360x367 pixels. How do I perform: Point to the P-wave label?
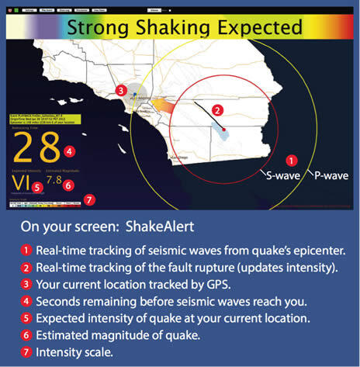point(330,175)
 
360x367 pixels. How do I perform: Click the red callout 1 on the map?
point(291,161)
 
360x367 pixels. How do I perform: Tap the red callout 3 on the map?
point(121,90)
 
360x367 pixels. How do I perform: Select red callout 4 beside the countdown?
point(70,151)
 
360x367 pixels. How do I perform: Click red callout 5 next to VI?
point(37,186)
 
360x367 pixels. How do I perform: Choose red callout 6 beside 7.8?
point(69,185)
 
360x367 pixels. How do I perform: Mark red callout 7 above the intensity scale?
point(90,199)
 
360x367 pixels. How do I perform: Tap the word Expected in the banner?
point(256,28)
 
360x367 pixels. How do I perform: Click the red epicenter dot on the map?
point(223,127)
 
